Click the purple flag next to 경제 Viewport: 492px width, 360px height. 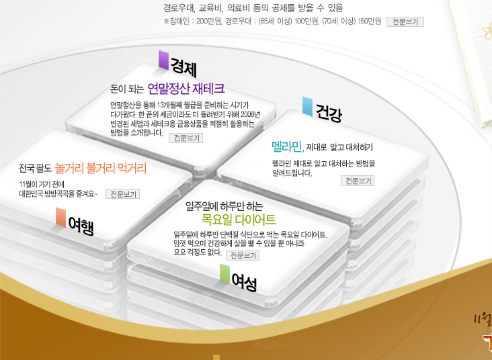click(x=163, y=60)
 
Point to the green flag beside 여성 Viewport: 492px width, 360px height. click(x=224, y=273)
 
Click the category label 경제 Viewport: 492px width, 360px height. click(x=183, y=66)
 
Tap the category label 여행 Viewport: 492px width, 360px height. click(x=81, y=226)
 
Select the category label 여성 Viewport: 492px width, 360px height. click(x=244, y=281)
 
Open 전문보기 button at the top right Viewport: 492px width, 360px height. click(x=405, y=21)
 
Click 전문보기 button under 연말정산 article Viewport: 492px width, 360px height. click(x=186, y=138)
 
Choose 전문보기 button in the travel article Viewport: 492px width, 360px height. click(x=122, y=194)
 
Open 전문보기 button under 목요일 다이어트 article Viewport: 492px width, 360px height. click(x=242, y=256)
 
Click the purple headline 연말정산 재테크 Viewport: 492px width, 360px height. click(x=186, y=89)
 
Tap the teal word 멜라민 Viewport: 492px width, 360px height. click(x=287, y=146)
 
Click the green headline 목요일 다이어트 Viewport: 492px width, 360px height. click(x=239, y=220)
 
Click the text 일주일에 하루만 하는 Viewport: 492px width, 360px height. click(x=224, y=206)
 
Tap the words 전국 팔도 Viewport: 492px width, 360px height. click(x=36, y=168)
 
